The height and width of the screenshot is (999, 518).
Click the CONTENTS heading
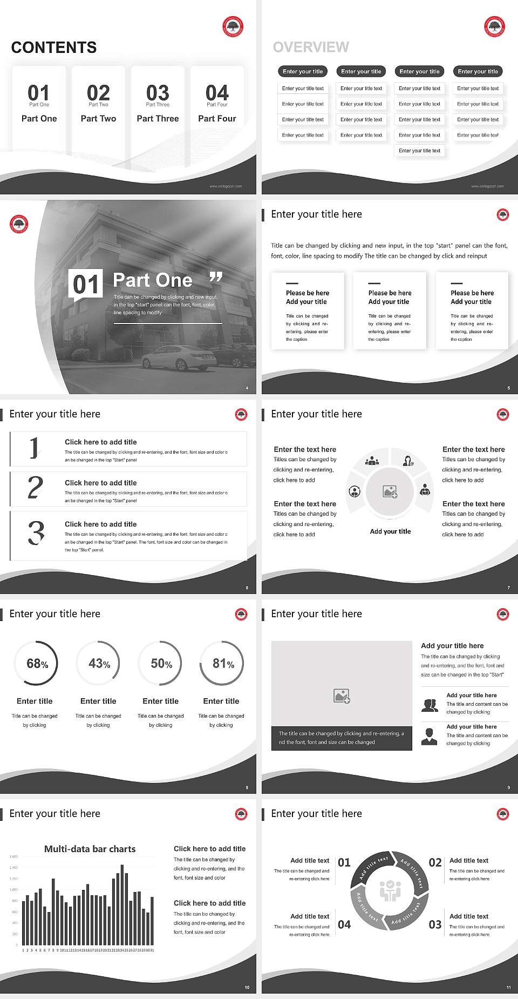click(x=54, y=48)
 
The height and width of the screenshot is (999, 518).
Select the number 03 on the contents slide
click(x=158, y=93)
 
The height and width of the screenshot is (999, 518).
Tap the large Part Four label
click(x=217, y=118)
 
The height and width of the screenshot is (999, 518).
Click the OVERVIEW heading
click(x=311, y=48)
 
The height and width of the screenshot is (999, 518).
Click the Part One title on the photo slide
click(x=153, y=280)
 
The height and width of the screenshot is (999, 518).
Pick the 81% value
click(x=223, y=664)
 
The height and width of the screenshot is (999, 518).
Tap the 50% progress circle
click(x=161, y=664)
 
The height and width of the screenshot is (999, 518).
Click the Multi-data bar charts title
click(x=90, y=849)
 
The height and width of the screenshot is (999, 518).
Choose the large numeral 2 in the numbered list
click(x=35, y=488)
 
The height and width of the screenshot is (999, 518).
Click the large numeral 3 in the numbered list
click(x=36, y=532)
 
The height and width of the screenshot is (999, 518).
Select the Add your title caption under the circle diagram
click(x=390, y=531)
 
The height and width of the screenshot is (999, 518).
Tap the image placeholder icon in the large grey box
click(x=342, y=696)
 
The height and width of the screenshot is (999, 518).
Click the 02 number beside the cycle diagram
click(x=435, y=862)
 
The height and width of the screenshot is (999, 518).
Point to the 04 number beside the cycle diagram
click(x=344, y=924)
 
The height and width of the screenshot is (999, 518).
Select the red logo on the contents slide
click(x=233, y=26)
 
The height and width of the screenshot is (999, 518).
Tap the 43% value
click(x=99, y=664)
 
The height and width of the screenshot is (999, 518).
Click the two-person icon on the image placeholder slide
click(x=430, y=705)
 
